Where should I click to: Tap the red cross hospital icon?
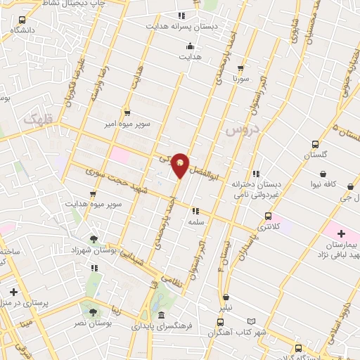coord(342,233)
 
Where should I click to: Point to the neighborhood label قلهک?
coord(38,120)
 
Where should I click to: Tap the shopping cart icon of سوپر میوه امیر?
coord(127,112)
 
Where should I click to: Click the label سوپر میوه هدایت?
coord(94,204)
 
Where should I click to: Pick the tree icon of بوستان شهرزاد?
coord(94,239)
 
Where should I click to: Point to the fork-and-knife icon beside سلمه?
coord(195,210)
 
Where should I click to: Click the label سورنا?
coord(241,79)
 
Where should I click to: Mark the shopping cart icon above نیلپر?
coord(226,297)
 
